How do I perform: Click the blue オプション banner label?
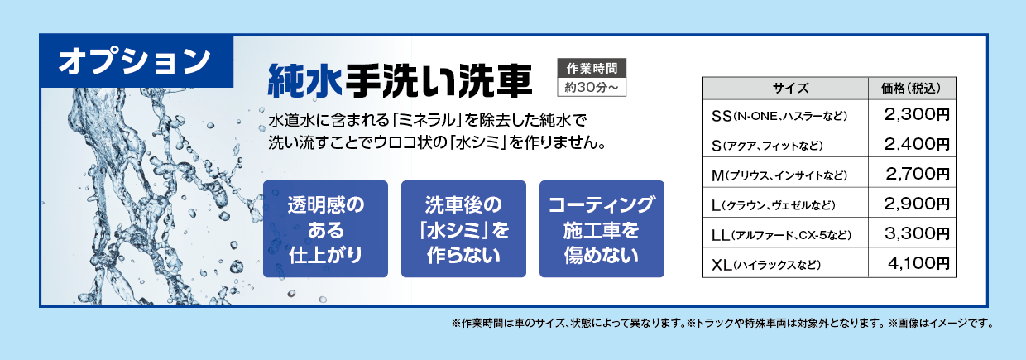point(137,61)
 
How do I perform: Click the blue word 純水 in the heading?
point(305,81)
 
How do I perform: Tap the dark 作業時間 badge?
point(592,68)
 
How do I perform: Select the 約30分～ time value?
point(592,87)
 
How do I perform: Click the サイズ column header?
point(785,89)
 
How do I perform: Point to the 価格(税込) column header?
point(913,89)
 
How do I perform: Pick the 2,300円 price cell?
point(913,114)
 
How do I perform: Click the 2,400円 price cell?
point(913,143)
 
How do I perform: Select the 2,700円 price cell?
point(913,173)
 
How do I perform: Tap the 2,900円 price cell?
point(913,203)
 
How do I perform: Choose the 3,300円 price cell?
point(913,233)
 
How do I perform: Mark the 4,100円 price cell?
point(913,263)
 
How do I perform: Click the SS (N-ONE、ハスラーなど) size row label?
point(779,116)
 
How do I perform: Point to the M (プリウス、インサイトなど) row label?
point(779,175)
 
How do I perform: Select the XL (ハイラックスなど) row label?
point(766,265)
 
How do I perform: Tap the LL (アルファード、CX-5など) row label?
point(781,235)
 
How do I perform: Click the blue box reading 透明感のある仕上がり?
point(326,229)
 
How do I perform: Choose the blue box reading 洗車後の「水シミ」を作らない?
point(463,229)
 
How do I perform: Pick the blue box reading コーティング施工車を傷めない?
point(602,229)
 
